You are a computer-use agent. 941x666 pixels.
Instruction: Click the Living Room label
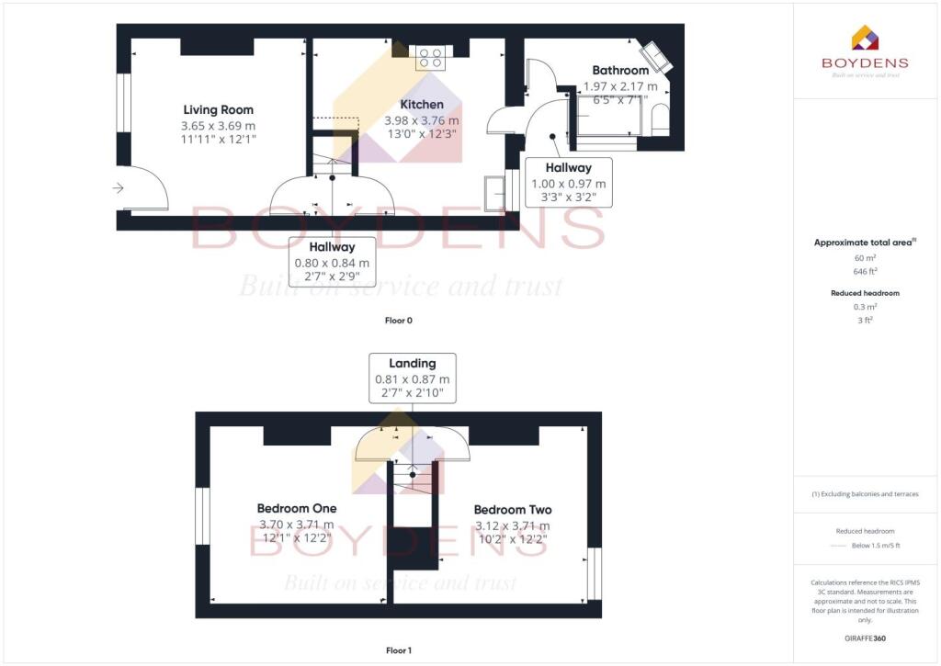[218, 109]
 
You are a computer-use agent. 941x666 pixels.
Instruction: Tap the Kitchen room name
[422, 104]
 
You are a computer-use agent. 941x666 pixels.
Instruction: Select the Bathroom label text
[620, 70]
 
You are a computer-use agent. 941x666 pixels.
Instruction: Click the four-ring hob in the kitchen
[430, 57]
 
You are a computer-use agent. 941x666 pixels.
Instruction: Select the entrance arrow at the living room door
[118, 188]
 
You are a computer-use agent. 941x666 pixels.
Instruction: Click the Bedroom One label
[296, 508]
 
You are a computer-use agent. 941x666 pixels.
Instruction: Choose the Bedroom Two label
[513, 510]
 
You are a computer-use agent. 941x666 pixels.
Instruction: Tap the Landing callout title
[412, 363]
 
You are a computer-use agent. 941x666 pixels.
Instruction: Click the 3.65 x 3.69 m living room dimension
[218, 125]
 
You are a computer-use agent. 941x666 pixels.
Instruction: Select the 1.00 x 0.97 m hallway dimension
[568, 184]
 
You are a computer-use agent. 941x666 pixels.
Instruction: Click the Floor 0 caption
[398, 321]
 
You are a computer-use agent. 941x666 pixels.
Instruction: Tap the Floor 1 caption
[398, 650]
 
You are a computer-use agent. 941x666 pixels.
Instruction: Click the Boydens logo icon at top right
[865, 38]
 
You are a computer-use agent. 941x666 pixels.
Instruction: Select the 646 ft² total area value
[865, 273]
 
